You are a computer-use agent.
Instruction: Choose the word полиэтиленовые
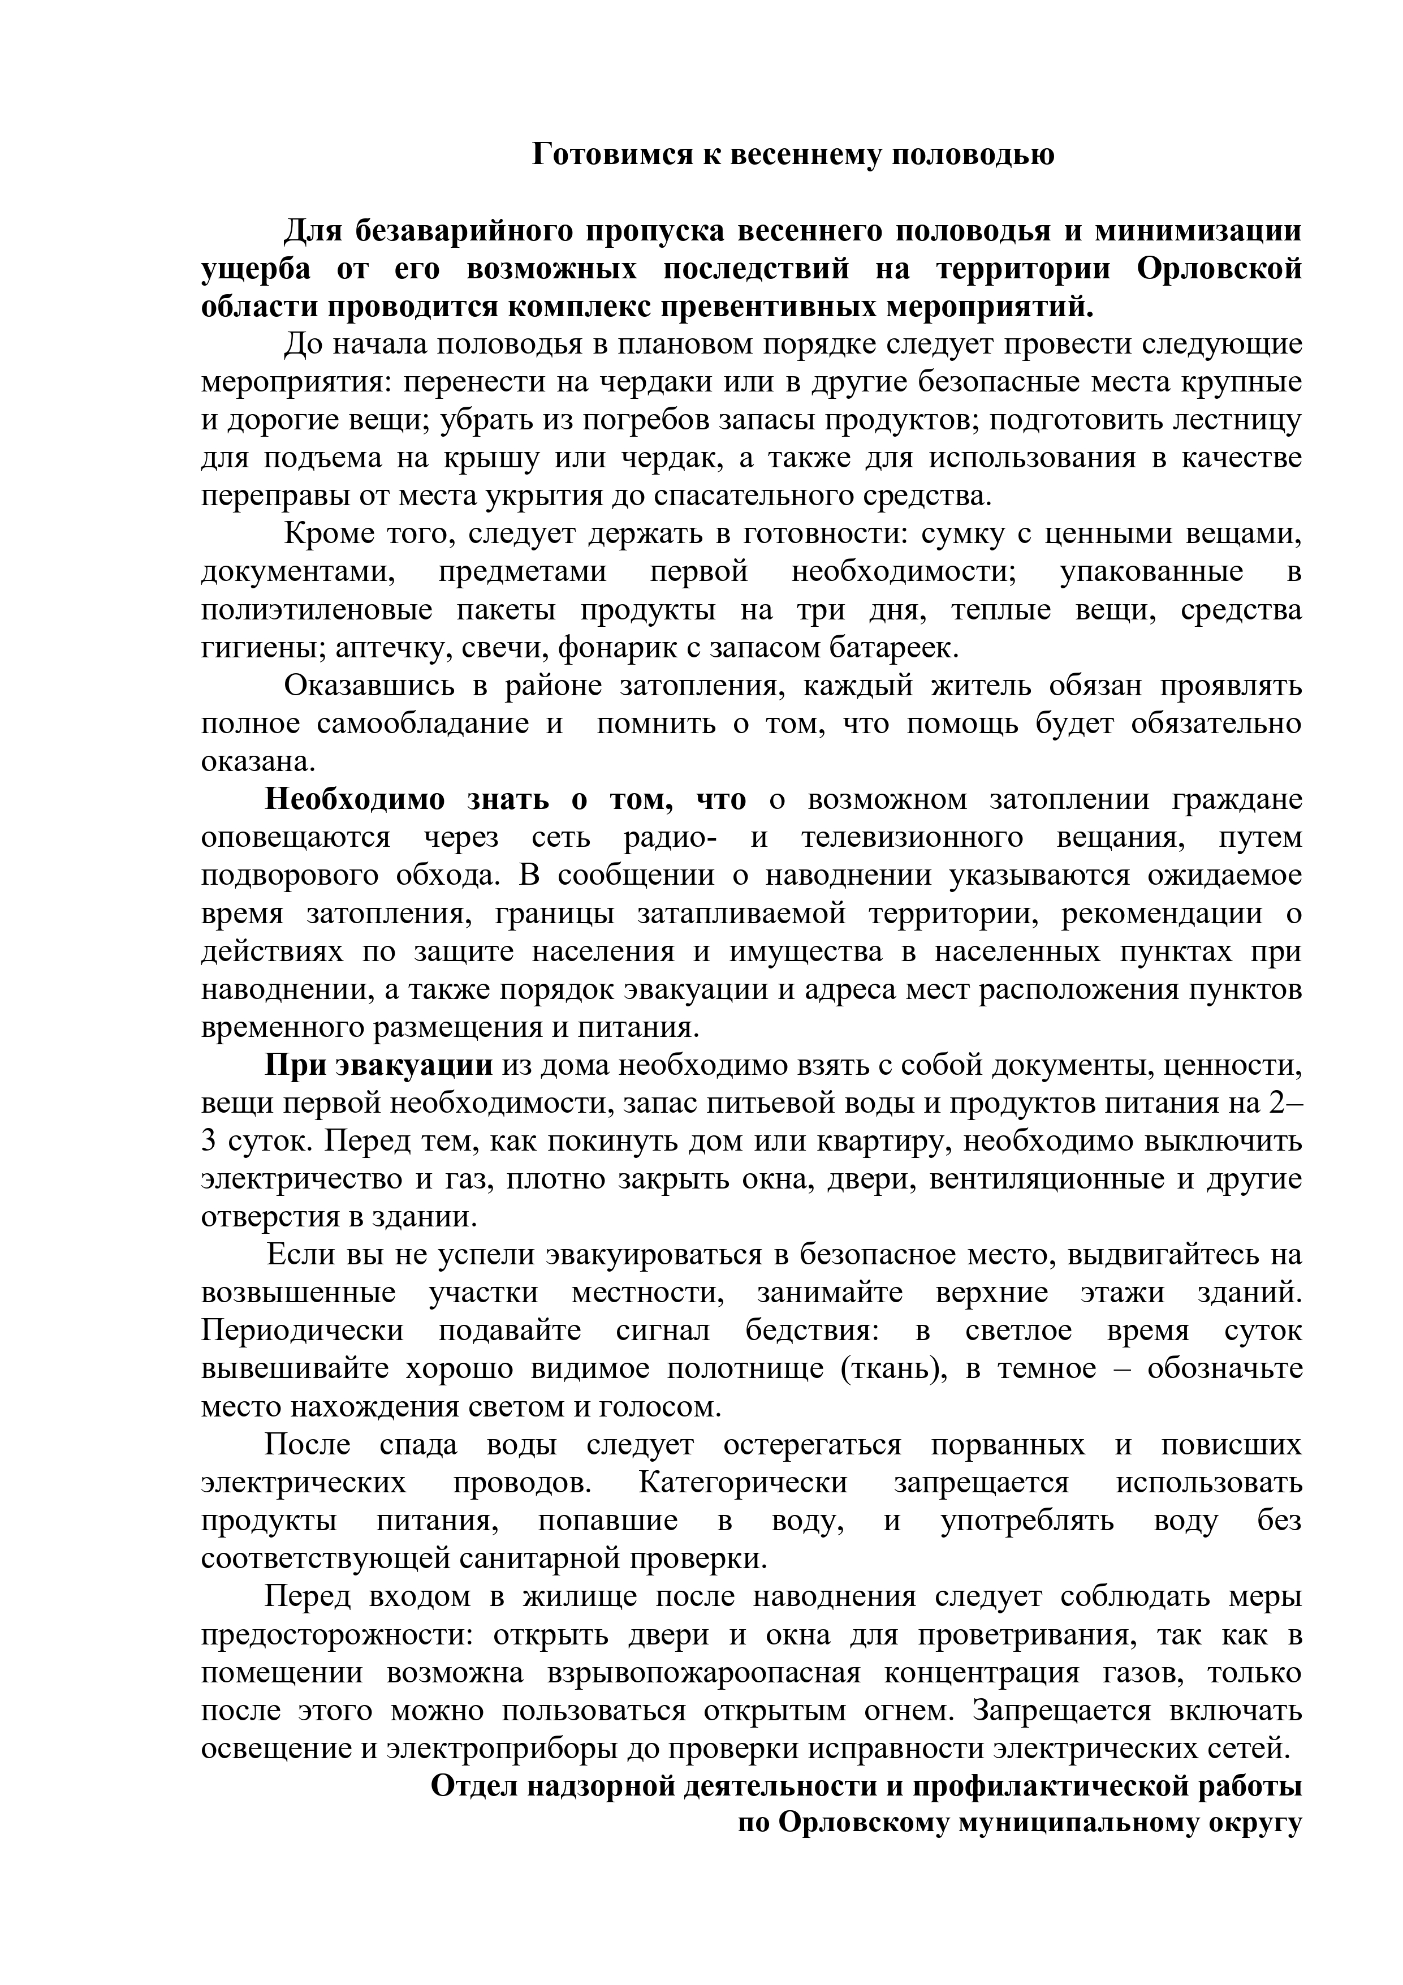(x=316, y=610)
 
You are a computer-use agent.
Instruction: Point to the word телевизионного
(x=911, y=838)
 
